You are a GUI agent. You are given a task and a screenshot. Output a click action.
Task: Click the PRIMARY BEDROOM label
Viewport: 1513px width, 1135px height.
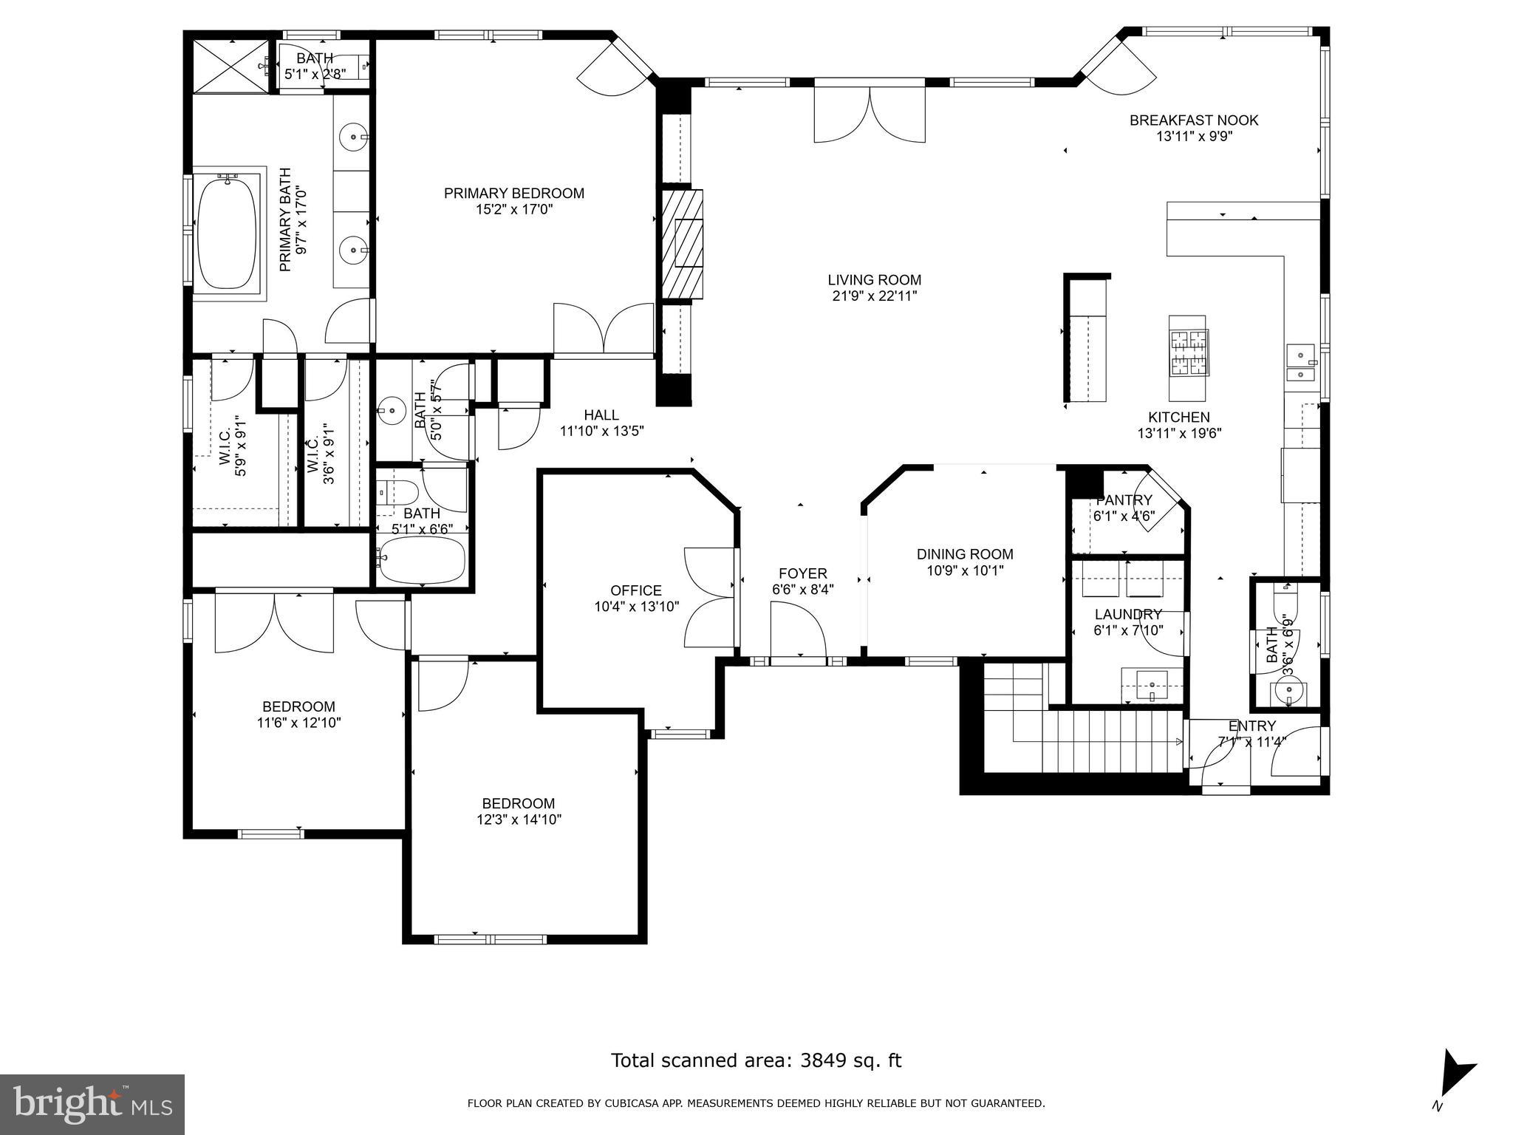pos(513,194)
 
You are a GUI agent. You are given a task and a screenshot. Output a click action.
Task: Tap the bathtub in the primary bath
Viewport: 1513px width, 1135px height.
pos(227,233)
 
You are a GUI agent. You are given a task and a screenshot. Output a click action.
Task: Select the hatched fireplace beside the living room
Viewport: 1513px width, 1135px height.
pos(681,244)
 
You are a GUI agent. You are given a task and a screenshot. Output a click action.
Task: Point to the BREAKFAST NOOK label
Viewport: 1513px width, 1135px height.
pos(1193,120)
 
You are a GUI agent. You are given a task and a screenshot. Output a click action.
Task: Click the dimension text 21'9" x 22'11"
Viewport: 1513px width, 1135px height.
pos(874,296)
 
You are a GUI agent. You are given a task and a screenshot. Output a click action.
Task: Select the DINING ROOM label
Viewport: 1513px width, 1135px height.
pos(965,554)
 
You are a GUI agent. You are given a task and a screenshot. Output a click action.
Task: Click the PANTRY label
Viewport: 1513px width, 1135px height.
pos(1124,500)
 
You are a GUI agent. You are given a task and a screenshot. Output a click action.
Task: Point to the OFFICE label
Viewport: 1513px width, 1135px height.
pos(635,590)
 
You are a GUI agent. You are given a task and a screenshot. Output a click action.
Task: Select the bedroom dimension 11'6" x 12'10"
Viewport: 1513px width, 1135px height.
pos(298,723)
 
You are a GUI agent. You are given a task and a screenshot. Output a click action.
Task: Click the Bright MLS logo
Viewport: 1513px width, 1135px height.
pos(92,1104)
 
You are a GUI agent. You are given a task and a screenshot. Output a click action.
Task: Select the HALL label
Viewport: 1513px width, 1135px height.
pos(601,415)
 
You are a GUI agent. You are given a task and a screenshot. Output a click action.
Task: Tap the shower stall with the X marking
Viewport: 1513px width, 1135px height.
pos(230,67)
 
